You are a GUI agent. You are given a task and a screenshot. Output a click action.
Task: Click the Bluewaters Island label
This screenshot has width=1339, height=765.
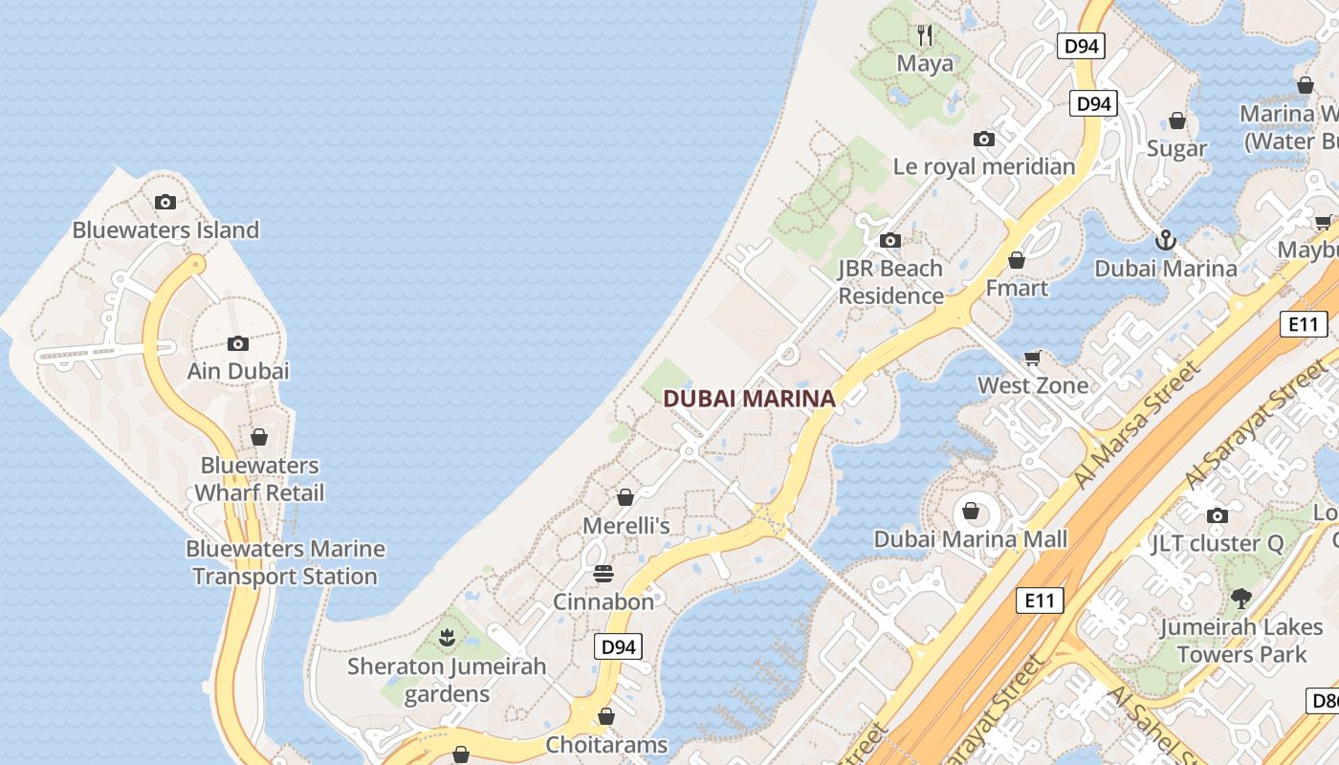point(165,230)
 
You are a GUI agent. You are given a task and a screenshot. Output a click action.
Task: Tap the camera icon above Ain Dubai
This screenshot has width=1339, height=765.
point(238,344)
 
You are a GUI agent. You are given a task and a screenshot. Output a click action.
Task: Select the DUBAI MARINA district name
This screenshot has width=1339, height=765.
point(750,399)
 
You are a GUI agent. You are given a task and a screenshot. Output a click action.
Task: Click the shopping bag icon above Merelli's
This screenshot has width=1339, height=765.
point(626,497)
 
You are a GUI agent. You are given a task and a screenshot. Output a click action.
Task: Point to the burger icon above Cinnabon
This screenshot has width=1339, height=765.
point(604,574)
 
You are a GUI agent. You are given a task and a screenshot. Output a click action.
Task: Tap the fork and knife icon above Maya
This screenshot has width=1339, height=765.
point(925,36)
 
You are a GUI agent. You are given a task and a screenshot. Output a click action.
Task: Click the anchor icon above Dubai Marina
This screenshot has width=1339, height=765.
point(1165,240)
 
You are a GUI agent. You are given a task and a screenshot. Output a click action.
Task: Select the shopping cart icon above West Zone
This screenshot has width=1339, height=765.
point(1032,359)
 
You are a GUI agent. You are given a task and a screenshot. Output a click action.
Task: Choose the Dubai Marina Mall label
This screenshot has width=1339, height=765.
point(971,539)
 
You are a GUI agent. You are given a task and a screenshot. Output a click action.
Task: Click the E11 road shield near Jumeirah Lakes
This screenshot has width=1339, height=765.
point(1039,601)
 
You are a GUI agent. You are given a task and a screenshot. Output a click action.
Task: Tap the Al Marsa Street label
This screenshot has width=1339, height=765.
point(1137,425)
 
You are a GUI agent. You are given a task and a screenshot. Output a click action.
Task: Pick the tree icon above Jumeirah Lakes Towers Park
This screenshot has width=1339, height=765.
point(1241,599)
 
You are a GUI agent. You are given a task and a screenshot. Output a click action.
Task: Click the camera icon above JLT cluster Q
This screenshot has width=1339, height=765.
point(1217,516)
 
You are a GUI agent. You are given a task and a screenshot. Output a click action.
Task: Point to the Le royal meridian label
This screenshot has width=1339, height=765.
point(984,166)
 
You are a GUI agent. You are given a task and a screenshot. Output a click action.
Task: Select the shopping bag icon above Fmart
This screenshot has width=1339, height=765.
point(1017,260)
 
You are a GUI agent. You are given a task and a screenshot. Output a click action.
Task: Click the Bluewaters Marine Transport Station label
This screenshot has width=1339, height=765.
point(285,562)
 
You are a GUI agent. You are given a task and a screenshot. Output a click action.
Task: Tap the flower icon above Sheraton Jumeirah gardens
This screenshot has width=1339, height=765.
point(446,637)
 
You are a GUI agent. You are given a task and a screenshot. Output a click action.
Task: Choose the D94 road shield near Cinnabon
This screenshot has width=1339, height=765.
point(618,647)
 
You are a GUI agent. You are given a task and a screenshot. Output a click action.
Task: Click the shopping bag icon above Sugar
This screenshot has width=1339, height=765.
point(1177,120)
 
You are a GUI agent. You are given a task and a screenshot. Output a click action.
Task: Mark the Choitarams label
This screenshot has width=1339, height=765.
point(606,744)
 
